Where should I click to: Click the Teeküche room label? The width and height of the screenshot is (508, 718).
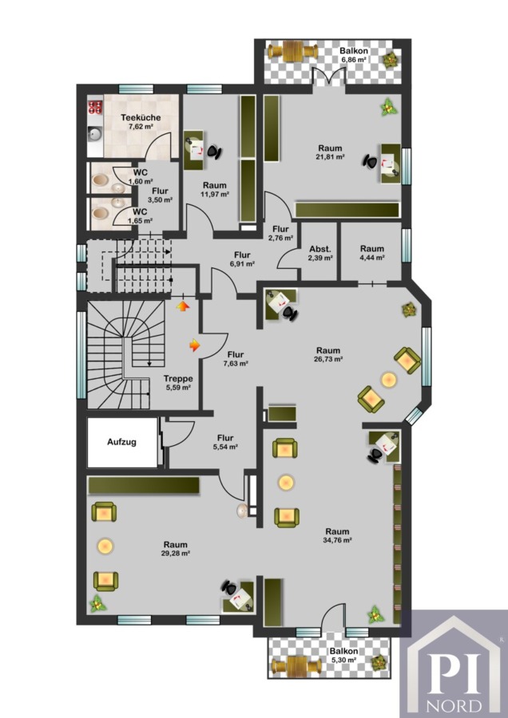click(141, 118)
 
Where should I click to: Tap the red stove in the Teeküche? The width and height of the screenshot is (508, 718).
click(95, 107)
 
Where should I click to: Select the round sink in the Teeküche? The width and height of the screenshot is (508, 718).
click(96, 134)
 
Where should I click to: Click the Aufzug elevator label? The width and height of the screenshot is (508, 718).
click(122, 442)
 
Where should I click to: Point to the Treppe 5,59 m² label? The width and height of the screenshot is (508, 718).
click(178, 383)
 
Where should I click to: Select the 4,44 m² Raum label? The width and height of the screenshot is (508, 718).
click(372, 253)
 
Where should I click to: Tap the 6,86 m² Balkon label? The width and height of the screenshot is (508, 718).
click(354, 55)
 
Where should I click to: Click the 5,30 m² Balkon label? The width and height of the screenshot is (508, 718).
click(344, 655)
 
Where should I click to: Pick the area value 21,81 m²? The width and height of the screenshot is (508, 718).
click(331, 156)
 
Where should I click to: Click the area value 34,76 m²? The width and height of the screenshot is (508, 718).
click(337, 540)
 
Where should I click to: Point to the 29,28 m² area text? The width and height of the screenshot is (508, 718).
click(176, 553)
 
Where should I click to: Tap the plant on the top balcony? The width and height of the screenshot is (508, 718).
click(391, 60)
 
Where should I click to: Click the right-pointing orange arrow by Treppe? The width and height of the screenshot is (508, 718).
click(195, 345)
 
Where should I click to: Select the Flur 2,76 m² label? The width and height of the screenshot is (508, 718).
click(280, 233)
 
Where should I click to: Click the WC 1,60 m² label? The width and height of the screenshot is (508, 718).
click(141, 176)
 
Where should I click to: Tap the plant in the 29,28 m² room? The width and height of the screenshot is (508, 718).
click(97, 604)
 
